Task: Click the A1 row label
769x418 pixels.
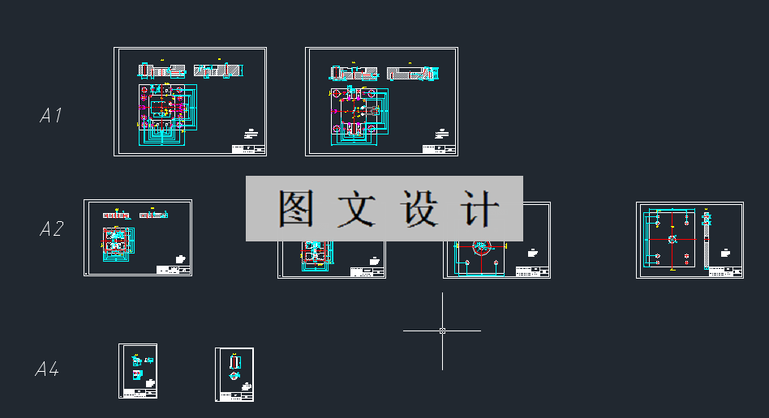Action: [x=50, y=116]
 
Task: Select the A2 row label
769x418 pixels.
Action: [x=51, y=229]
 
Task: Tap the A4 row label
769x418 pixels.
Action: [x=46, y=369]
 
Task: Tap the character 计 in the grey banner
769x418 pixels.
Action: [x=480, y=209]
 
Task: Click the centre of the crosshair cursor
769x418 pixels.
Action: [x=442, y=331]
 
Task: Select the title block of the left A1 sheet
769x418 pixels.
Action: [x=248, y=149]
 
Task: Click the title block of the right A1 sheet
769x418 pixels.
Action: [x=440, y=149]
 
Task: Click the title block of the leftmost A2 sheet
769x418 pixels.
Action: [x=173, y=269]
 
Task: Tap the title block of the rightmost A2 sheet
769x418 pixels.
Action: [x=725, y=271]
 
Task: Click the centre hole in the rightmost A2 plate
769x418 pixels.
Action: [x=672, y=240]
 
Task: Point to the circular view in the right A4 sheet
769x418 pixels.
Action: [x=234, y=376]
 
